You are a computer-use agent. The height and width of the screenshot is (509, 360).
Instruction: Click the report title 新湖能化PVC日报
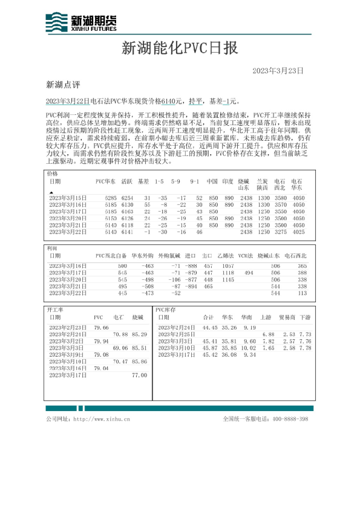[x=180, y=48]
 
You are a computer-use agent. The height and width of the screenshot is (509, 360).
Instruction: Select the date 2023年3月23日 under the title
[x=277, y=71]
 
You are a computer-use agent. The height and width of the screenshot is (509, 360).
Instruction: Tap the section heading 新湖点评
[x=63, y=84]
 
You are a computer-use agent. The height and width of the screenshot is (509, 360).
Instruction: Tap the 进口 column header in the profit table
[x=191, y=256]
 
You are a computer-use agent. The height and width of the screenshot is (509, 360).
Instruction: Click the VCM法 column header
[x=245, y=256]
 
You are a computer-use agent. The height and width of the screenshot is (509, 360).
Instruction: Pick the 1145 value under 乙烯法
[x=227, y=280]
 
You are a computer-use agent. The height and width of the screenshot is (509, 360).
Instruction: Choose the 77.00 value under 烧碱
[x=139, y=375]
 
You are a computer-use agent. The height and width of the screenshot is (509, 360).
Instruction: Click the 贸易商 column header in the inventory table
[x=287, y=317]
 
